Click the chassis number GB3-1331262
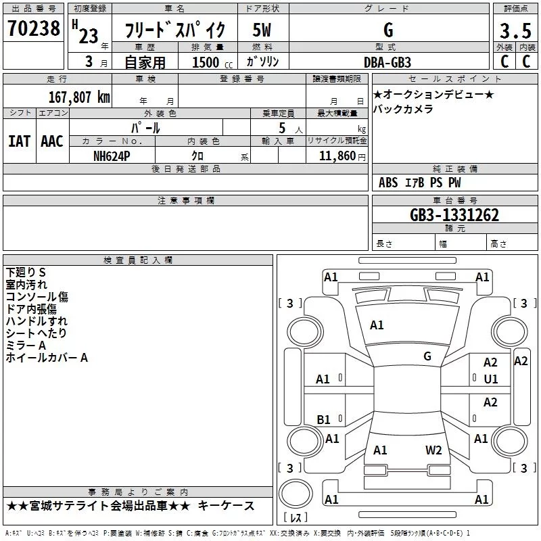point(454,215)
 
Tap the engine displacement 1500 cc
point(207,62)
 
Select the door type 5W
point(263,30)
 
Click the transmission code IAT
point(19,141)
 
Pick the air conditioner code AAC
point(51,141)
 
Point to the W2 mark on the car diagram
point(433,450)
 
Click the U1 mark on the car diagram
point(490,379)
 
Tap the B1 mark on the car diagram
point(323,420)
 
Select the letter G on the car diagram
point(427,356)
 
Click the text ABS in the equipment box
point(388,183)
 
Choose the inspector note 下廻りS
point(26,272)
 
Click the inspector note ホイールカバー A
point(47,358)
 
